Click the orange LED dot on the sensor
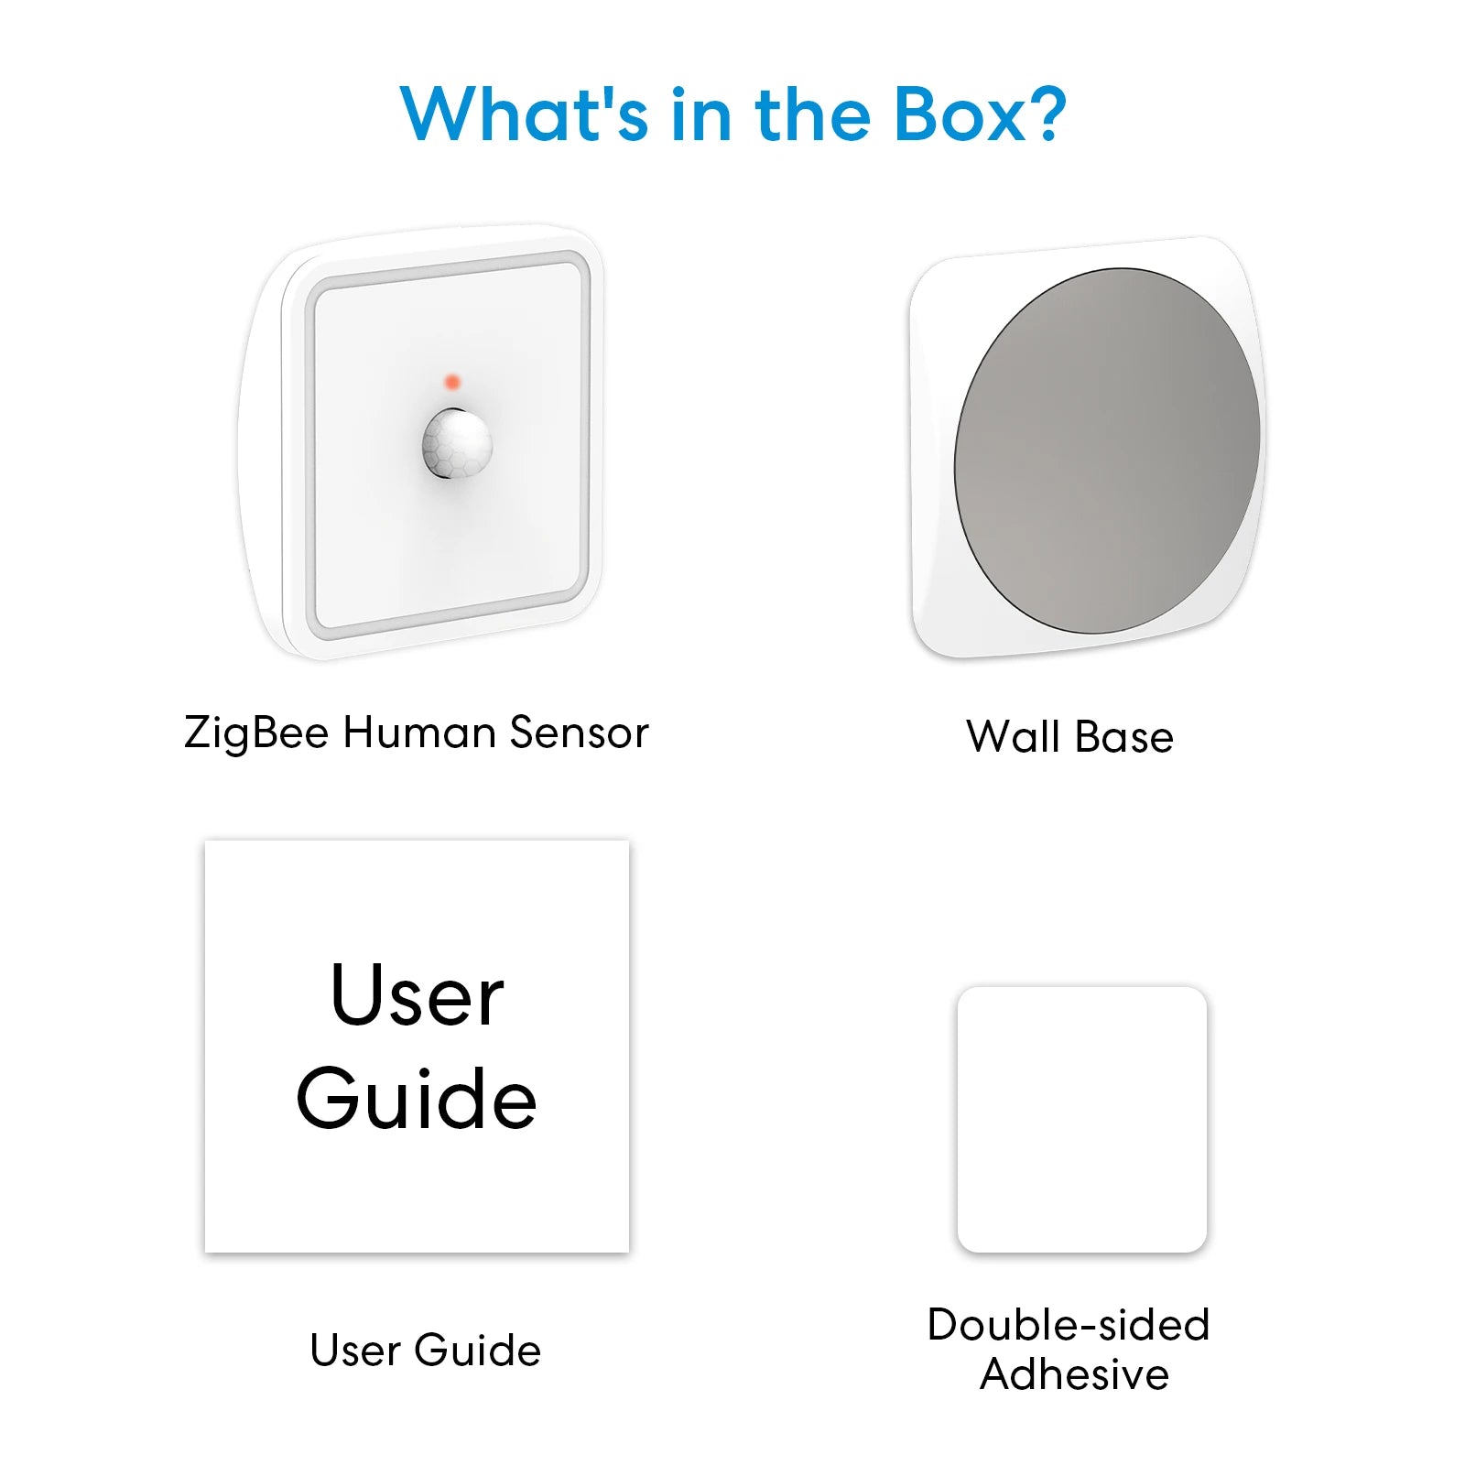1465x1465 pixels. pyautogui.click(x=451, y=382)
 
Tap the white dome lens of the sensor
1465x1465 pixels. pyautogui.click(x=457, y=444)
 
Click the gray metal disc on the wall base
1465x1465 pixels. pyautogui.click(x=1107, y=450)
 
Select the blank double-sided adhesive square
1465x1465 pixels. pyautogui.click(x=1081, y=1118)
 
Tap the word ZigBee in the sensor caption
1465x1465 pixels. pyautogui.click(x=256, y=733)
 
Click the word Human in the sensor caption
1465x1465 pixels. pyautogui.click(x=420, y=732)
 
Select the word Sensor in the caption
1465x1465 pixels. pyautogui.click(x=579, y=732)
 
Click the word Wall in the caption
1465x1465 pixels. pyautogui.click(x=1014, y=737)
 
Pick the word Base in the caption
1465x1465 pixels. pyautogui.click(x=1124, y=737)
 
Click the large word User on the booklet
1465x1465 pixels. pyautogui.click(x=417, y=995)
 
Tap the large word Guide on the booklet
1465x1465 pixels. pyautogui.click(x=417, y=1099)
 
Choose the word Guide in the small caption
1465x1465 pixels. pyautogui.click(x=477, y=1351)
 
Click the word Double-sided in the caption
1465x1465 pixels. pyautogui.click(x=1069, y=1325)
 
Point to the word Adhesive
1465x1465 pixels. pyautogui.click(x=1074, y=1375)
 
